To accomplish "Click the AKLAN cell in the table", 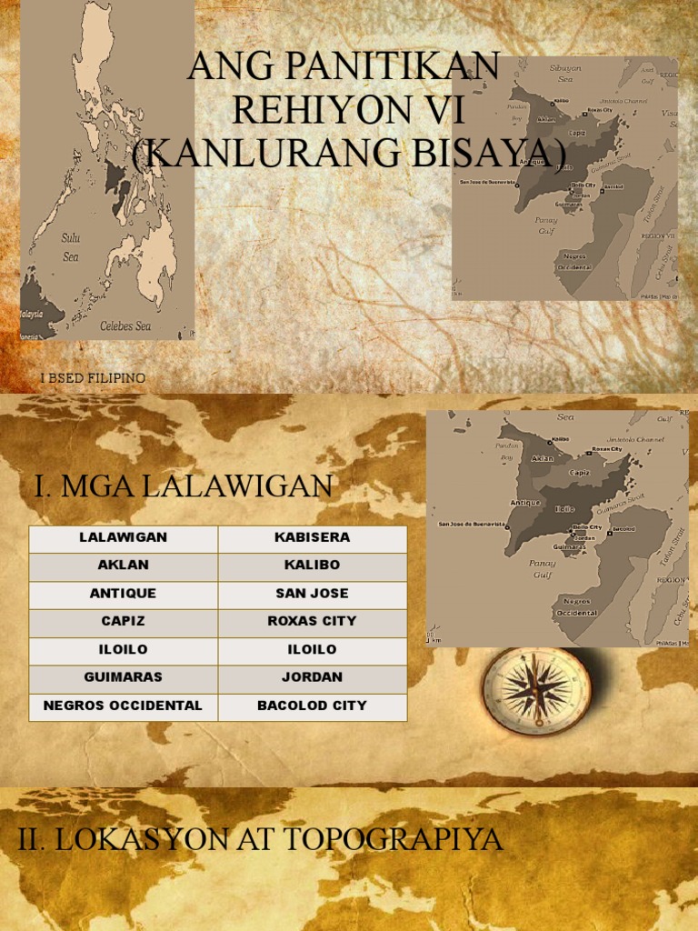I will coord(124,566).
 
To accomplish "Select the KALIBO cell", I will coord(312,566).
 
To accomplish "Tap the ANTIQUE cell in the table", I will coord(124,594).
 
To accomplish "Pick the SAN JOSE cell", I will coord(312,594).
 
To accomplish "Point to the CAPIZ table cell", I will coord(124,622).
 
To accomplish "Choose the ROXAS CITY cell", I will coord(312,622).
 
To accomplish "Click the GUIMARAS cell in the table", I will coord(124,677).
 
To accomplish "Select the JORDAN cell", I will coord(312,677).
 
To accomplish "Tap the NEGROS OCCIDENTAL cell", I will coord(124,706).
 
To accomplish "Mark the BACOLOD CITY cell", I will coord(312,706).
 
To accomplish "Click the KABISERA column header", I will coord(312,537).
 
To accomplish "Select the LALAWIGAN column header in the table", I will coord(124,537).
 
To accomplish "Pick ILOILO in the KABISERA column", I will coord(312,650).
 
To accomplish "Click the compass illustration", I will coord(536,691).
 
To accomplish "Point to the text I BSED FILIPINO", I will coord(93,377).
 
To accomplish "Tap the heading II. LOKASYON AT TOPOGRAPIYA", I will coord(260,839).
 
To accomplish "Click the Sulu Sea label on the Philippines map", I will coord(70,247).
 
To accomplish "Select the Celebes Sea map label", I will coord(125,325).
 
